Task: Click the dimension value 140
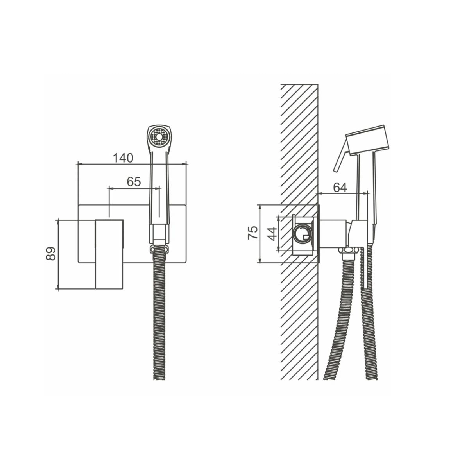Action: tap(123, 158)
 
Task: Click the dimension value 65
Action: tap(134, 182)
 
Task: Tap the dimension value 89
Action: tap(51, 254)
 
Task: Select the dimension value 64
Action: tap(340, 187)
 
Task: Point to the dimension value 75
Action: tap(252, 233)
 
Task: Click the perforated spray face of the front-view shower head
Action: tap(159, 137)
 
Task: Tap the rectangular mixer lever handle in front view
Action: tap(109, 254)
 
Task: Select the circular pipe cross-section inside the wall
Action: tap(303, 235)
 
